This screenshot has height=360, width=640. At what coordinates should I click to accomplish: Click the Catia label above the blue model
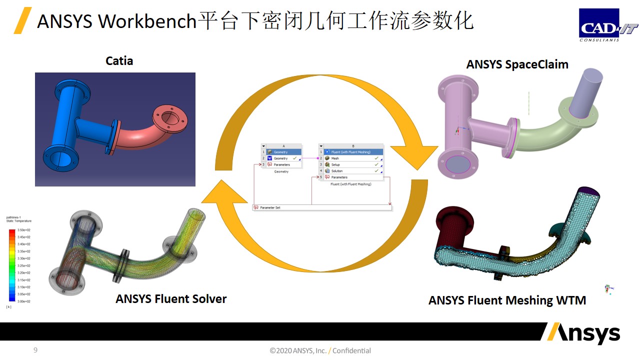[119, 61]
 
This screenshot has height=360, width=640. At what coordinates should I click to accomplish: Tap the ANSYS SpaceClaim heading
[517, 64]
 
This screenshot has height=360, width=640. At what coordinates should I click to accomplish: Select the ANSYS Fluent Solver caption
[171, 299]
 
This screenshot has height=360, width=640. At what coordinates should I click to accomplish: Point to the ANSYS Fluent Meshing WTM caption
[507, 300]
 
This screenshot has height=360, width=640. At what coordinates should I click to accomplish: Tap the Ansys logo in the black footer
[583, 333]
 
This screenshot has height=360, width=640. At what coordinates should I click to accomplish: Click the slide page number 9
[35, 350]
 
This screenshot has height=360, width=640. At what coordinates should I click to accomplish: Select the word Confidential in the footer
[351, 351]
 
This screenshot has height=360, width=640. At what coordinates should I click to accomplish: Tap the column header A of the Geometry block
[283, 146]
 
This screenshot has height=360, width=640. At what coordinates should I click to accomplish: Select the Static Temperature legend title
[18, 221]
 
